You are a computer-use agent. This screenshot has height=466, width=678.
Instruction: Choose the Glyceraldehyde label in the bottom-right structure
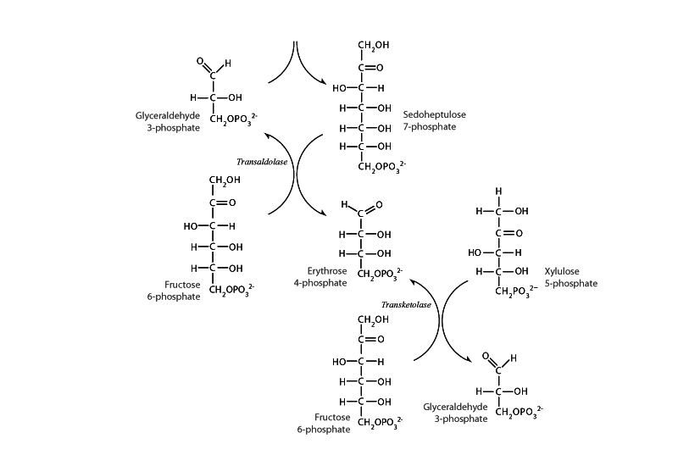point(456,407)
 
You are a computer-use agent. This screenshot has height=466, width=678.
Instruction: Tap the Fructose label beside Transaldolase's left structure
point(183,285)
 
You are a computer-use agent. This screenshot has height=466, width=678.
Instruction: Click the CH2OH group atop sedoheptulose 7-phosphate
point(375,46)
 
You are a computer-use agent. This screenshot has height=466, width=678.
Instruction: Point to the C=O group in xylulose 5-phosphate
point(508,231)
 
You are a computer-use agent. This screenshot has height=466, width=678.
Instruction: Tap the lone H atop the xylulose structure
point(498,190)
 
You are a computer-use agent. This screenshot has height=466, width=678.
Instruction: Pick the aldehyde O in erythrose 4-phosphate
point(378,205)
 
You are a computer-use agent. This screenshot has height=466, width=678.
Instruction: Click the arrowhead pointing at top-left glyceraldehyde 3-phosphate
point(266,136)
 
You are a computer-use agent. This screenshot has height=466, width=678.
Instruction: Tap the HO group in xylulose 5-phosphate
point(476,252)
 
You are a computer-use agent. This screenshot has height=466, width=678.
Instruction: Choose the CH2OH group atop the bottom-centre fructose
point(374,319)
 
